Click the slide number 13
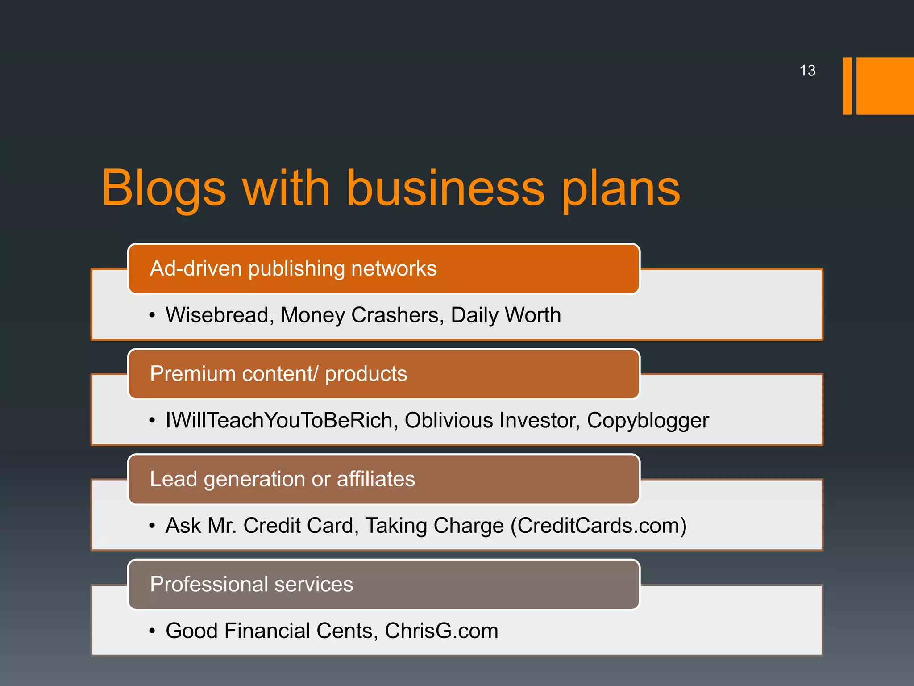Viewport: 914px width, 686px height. coord(807,71)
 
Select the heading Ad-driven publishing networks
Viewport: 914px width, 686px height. coord(293,269)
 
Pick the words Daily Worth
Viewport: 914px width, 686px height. coord(506,315)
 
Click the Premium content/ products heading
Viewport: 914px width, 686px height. coord(278,374)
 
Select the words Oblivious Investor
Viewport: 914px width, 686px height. coord(492,420)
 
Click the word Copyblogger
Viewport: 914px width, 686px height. coord(648,420)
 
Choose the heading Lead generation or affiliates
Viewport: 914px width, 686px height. coord(283,479)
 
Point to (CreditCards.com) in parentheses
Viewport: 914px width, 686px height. coord(598,526)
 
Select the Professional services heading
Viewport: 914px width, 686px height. coord(251,584)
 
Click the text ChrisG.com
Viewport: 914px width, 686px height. coord(441,631)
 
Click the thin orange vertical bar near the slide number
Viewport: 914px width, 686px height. coord(847,86)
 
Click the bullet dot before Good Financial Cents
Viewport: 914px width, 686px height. coord(152,632)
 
